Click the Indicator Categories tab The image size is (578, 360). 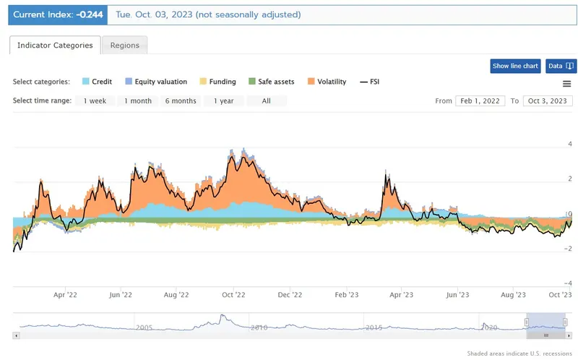click(55, 45)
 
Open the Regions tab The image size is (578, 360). click(125, 45)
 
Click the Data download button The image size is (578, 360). click(561, 66)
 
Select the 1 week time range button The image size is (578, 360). click(94, 100)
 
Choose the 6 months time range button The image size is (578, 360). click(180, 100)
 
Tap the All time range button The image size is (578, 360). click(266, 100)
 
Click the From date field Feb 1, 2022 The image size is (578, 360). click(480, 100)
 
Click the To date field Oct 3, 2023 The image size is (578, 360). click(547, 100)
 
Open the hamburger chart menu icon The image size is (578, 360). click(566, 84)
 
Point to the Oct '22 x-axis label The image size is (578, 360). click(234, 294)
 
